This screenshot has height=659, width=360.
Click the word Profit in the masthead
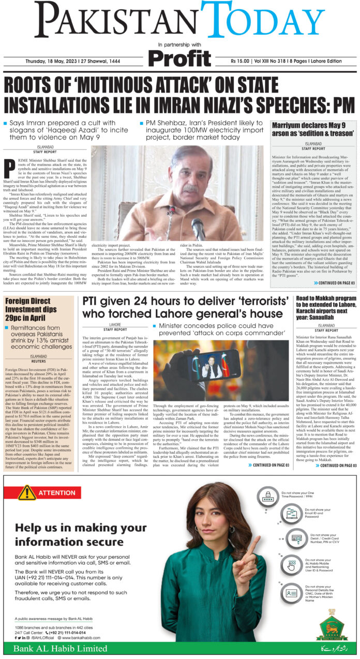[179, 57]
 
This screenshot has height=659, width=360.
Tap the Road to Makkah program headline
[326, 307]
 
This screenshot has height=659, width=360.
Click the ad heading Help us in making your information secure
[73, 534]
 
